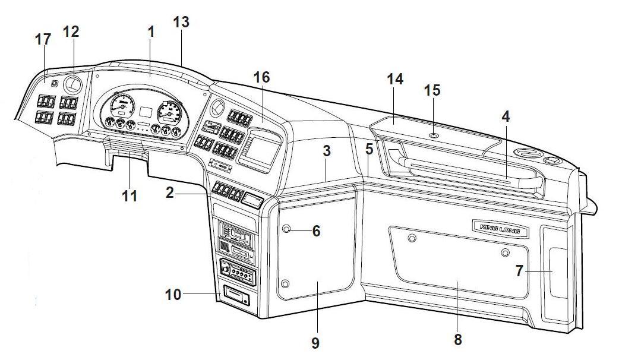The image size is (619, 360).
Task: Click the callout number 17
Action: [43, 40]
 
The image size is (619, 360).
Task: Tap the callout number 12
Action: [71, 31]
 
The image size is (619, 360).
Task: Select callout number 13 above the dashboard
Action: [181, 22]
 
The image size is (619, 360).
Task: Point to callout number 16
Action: [261, 77]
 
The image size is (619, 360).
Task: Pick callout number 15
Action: [432, 90]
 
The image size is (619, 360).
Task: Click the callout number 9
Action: [315, 342]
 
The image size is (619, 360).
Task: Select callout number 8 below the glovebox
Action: [457, 339]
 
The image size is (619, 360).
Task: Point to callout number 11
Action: [130, 195]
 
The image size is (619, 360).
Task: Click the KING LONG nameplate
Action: [497, 226]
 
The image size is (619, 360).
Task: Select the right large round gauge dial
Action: [169, 110]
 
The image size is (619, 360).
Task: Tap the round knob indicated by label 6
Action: [286, 229]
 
